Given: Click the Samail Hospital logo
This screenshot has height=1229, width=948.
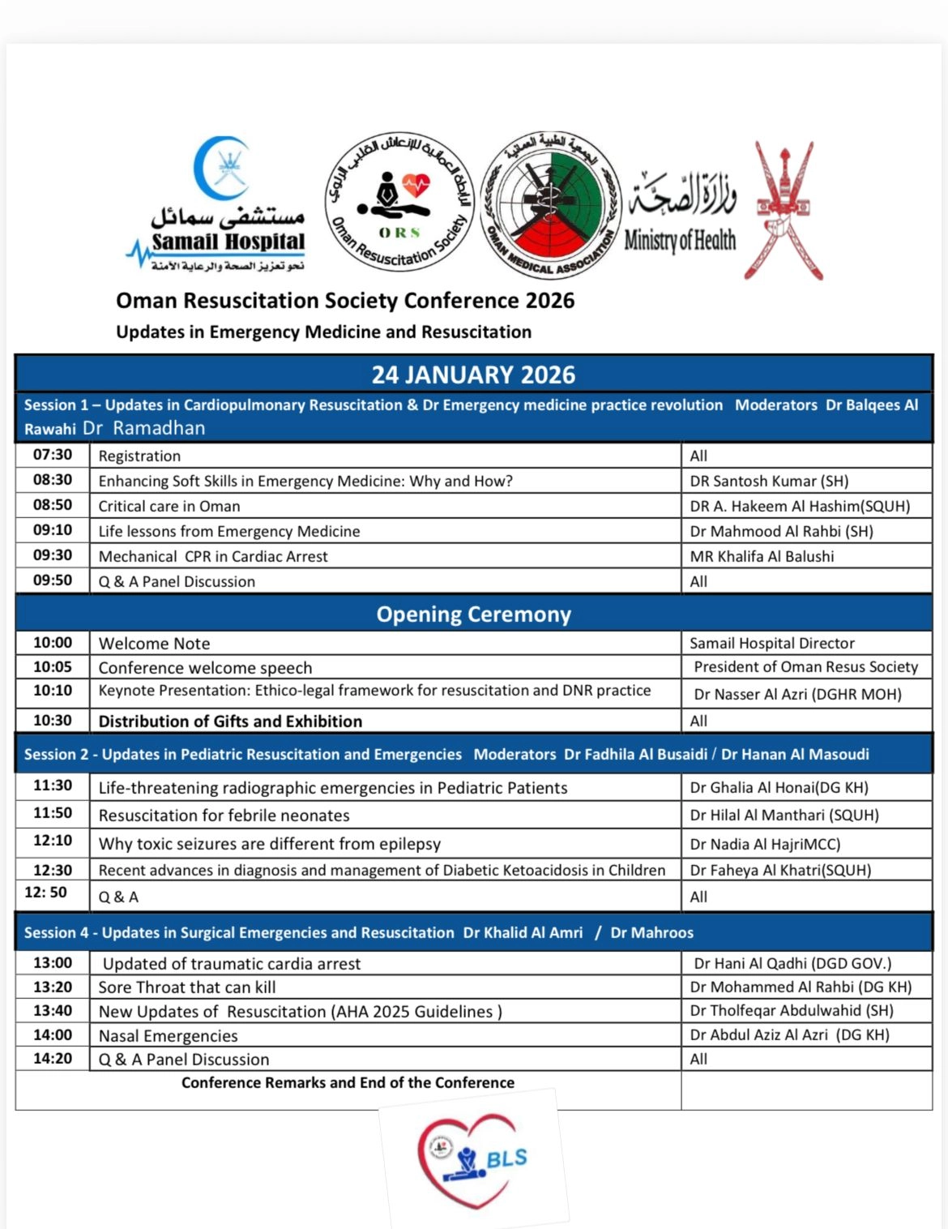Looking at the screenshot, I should click(219, 207).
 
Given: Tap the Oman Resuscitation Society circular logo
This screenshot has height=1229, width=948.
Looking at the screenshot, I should click(399, 203).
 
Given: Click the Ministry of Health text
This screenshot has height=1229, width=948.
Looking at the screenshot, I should click(680, 240).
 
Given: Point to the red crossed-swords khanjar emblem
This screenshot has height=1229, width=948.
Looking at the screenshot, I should click(784, 211).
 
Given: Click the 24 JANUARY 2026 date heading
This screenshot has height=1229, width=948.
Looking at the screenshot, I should click(473, 375).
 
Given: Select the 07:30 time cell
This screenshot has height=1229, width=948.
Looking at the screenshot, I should click(53, 455).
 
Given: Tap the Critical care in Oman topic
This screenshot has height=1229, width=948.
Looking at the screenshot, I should click(169, 506).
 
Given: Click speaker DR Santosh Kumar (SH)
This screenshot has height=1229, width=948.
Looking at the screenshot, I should click(769, 481).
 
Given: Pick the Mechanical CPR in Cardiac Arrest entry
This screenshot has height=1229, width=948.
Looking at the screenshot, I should click(213, 556).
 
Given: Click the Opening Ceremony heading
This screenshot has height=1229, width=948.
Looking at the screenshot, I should click(473, 614).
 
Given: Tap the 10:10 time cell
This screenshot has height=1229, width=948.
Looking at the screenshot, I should click(53, 691).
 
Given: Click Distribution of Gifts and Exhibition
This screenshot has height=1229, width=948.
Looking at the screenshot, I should click(230, 721).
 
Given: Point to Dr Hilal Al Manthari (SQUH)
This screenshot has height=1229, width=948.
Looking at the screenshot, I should click(784, 815).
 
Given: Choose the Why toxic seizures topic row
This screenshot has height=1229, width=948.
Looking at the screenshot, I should click(269, 843).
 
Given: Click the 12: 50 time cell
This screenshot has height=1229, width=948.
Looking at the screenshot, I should click(46, 893).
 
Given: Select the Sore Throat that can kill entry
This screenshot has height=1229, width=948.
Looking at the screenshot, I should click(187, 987).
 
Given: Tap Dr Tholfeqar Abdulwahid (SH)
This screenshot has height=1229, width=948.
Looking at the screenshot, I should click(791, 1010).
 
